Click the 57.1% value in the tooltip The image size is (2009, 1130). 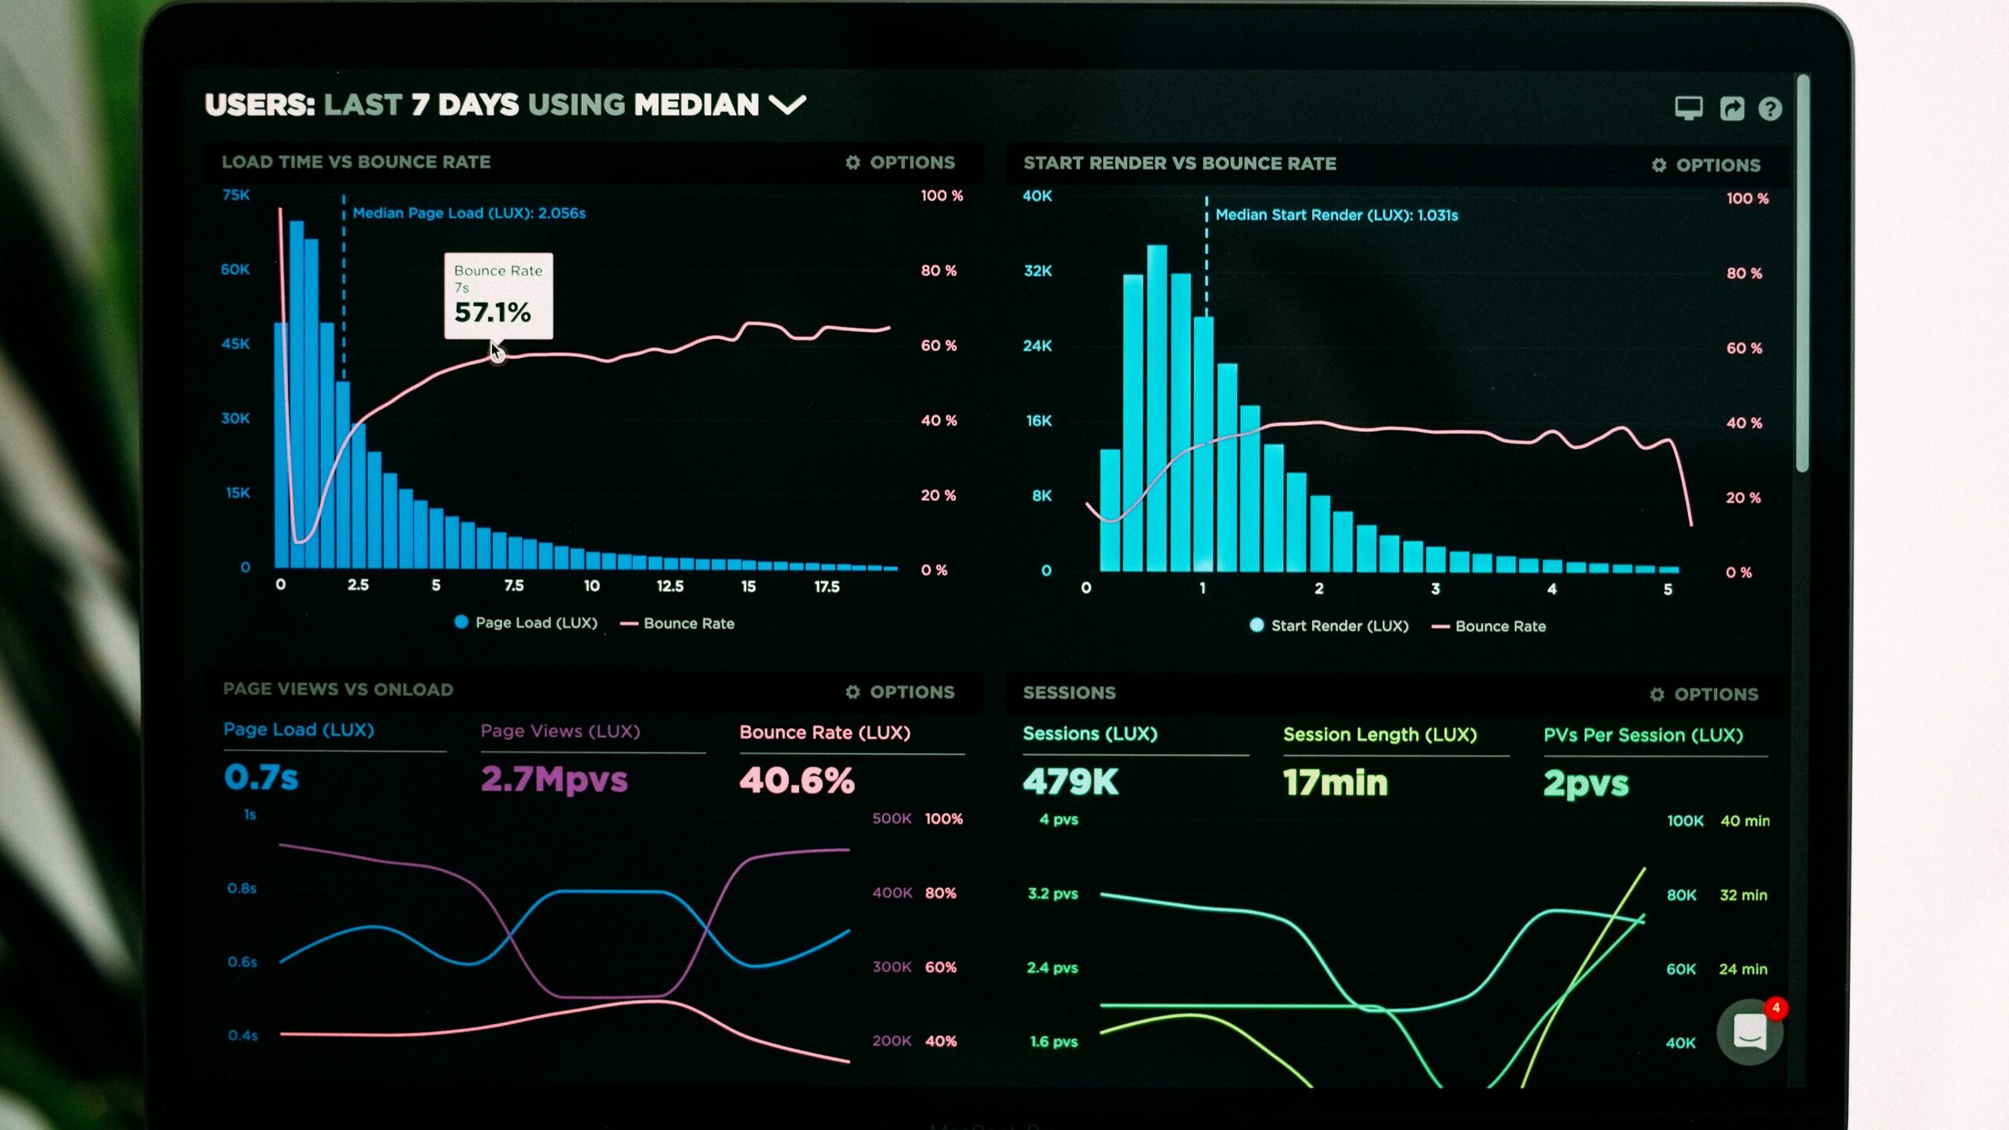(493, 312)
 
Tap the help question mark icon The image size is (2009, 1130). (1770, 108)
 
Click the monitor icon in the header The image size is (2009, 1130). (1688, 108)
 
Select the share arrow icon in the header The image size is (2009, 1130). (1731, 108)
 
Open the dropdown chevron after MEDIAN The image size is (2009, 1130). (787, 104)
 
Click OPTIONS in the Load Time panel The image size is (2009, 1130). (901, 162)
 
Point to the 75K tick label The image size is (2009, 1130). (236, 195)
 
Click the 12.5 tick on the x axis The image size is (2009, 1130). (669, 586)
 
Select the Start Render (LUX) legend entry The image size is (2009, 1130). (1329, 625)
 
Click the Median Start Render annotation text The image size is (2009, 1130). (1336, 215)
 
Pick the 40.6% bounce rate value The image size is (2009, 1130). (797, 780)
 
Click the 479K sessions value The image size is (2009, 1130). (1070, 782)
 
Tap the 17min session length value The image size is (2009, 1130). (1335, 783)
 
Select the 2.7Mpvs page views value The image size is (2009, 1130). (554, 779)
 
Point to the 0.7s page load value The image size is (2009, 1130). (261, 777)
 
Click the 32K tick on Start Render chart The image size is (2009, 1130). (1037, 271)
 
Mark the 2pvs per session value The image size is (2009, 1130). (1586, 784)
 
